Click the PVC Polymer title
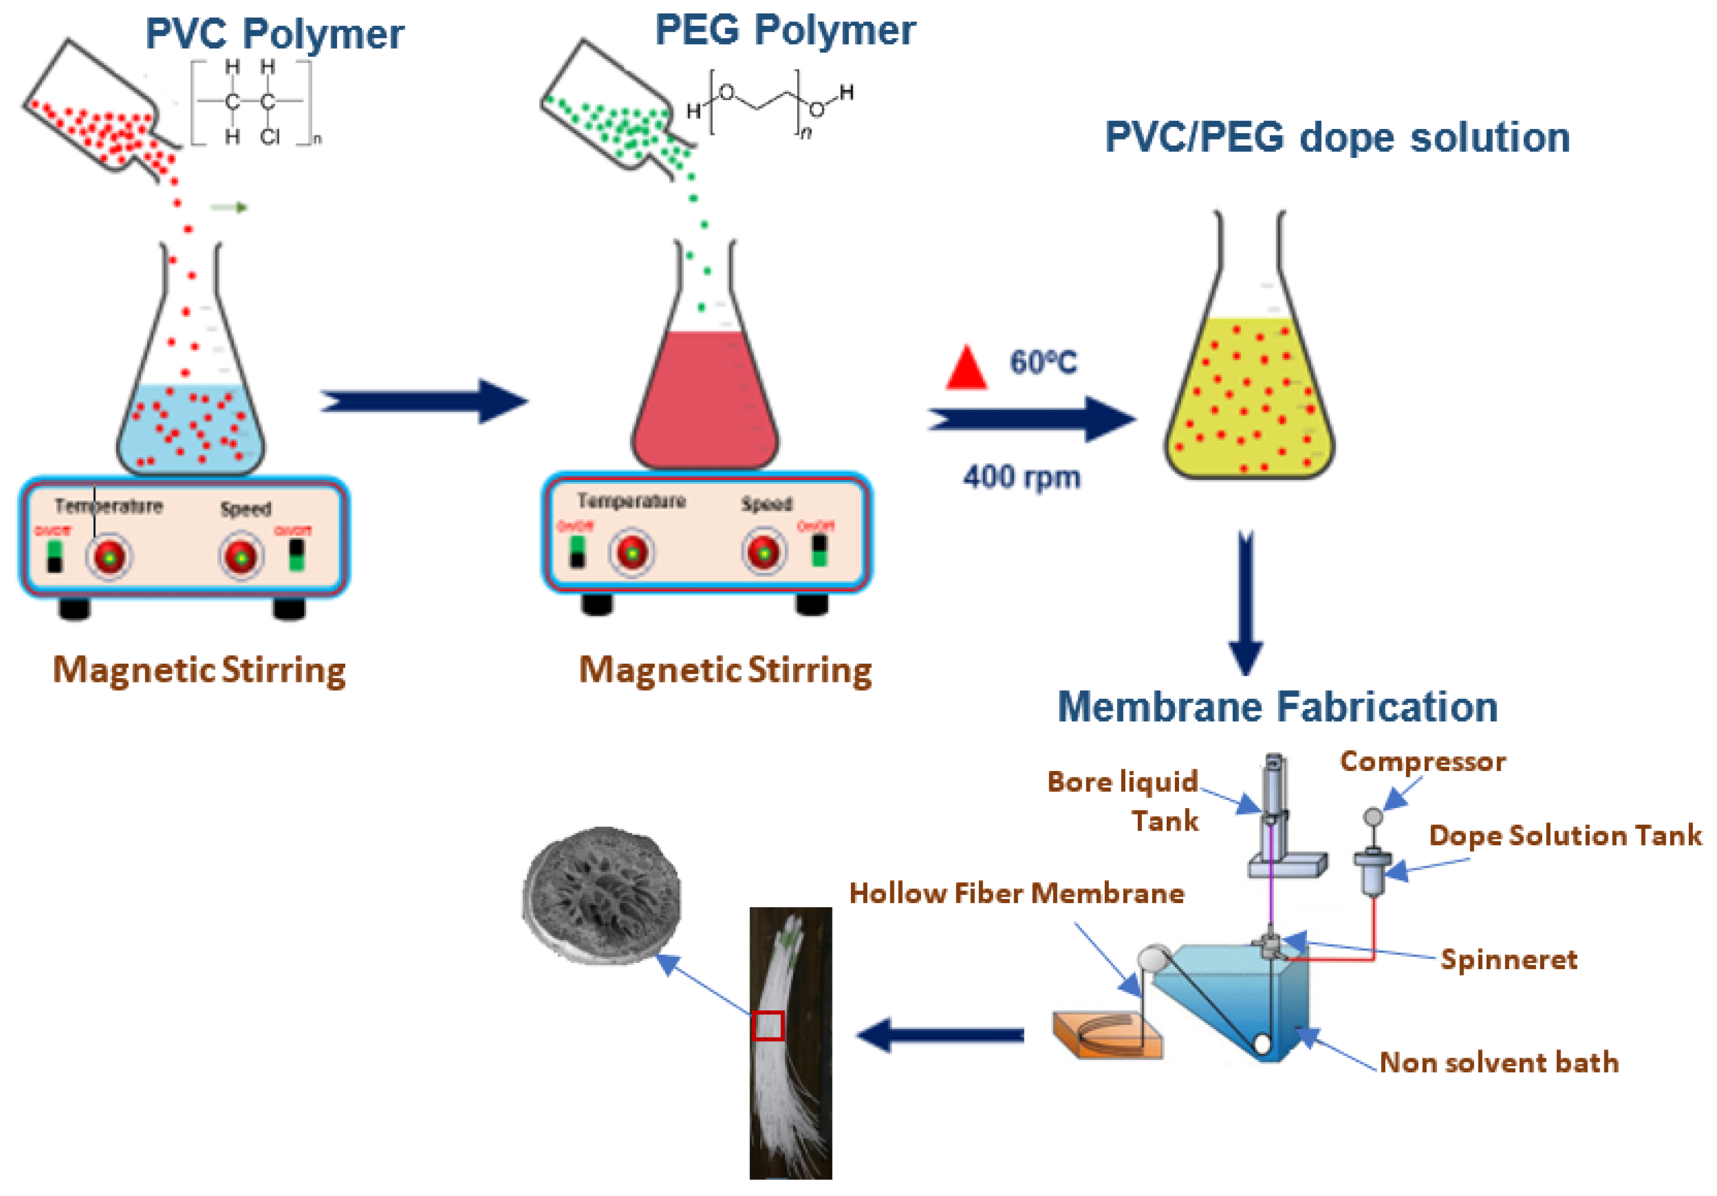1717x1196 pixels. click(x=274, y=34)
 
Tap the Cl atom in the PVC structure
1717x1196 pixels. click(x=269, y=137)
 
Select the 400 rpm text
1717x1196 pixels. click(x=1022, y=476)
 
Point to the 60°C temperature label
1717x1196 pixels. click(x=1043, y=363)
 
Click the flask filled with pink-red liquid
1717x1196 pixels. click(x=705, y=397)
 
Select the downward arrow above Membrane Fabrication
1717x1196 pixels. click(x=1246, y=602)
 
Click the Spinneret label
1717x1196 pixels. click(x=1508, y=959)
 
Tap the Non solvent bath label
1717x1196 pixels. click(x=1498, y=1062)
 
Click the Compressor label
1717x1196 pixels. click(x=1422, y=762)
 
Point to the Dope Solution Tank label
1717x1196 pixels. click(x=1564, y=835)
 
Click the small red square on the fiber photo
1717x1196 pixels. click(x=767, y=1026)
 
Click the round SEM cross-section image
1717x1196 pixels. click(x=602, y=895)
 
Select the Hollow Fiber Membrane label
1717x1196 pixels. click(x=1016, y=893)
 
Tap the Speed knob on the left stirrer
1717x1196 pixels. click(x=241, y=556)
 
